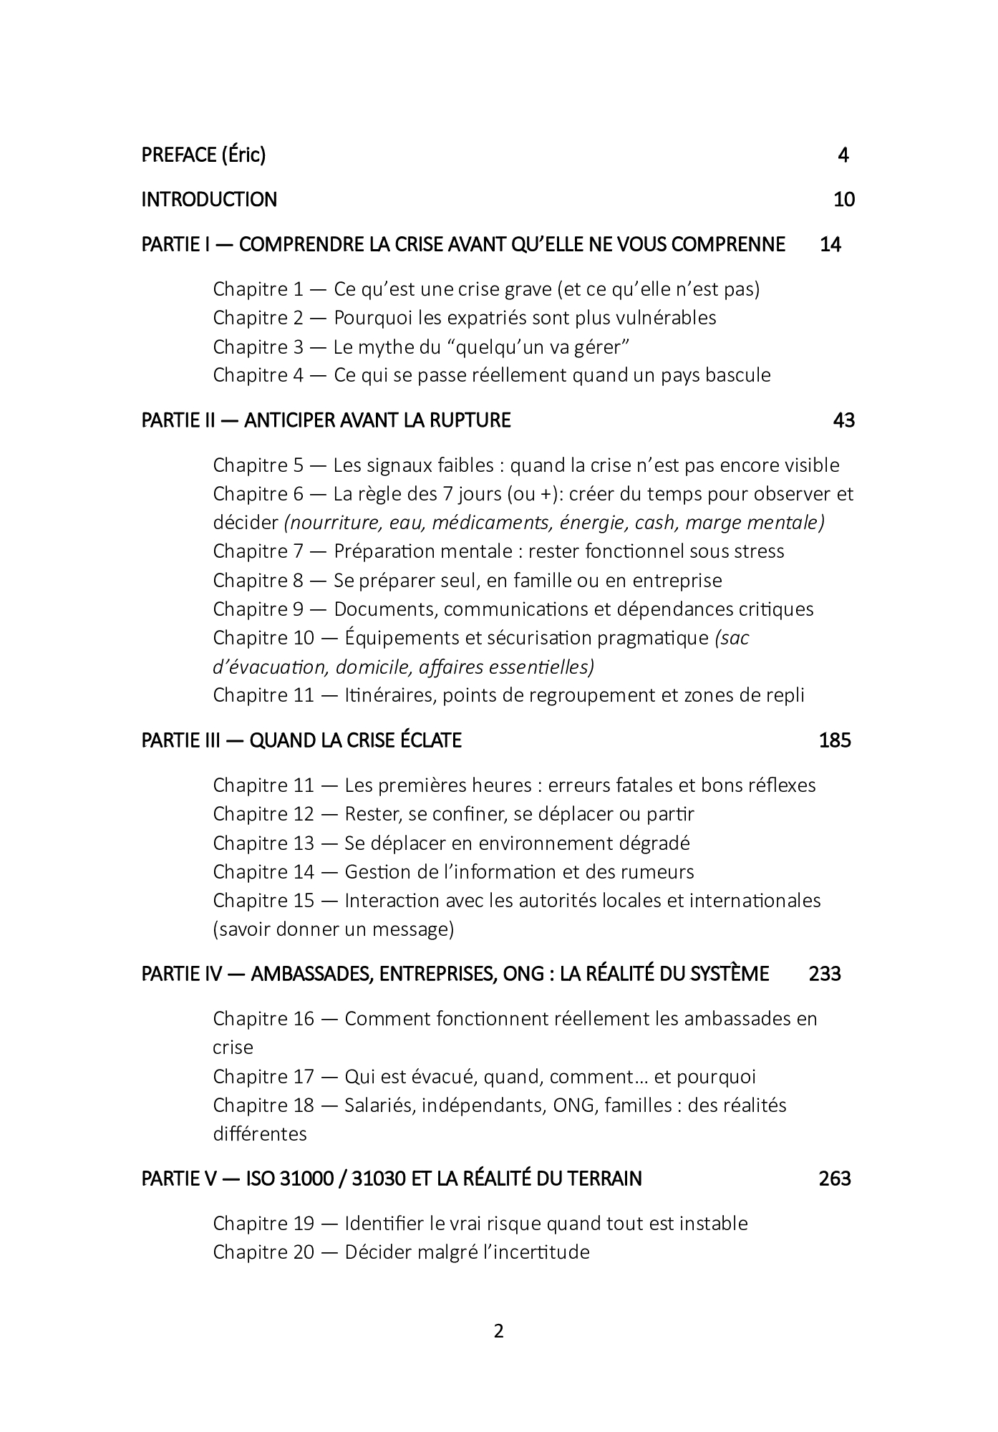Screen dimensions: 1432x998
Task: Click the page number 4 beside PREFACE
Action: [x=843, y=155]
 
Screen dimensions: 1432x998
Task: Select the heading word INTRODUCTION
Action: [x=209, y=199]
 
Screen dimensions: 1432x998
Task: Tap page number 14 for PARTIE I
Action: [x=830, y=244]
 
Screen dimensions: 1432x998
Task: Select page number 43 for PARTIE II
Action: [x=844, y=420]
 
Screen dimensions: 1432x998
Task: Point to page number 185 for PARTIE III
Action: [x=835, y=740]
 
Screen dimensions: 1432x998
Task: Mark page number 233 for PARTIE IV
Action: [x=825, y=974]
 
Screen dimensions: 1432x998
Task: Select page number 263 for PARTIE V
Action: [x=835, y=1179]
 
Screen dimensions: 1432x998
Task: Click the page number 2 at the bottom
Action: [x=499, y=1331]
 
